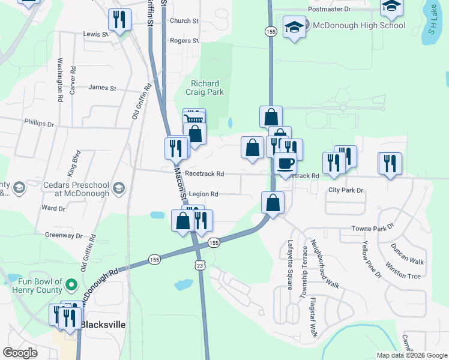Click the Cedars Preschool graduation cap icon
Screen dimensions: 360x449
[118, 189]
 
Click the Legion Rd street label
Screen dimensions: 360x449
[203, 194]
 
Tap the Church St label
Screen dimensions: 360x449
[184, 21]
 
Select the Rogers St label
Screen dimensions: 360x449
[184, 41]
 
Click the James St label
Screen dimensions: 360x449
[102, 88]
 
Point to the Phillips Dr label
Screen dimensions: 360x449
[39, 122]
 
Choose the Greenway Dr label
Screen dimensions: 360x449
[63, 236]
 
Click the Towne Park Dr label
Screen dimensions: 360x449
[372, 229]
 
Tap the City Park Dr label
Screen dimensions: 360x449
[346, 190]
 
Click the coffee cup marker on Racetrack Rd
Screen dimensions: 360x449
[286, 163]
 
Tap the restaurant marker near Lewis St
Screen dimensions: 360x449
[119, 20]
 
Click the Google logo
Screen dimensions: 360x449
[20, 353]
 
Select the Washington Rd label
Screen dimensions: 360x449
[60, 79]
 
